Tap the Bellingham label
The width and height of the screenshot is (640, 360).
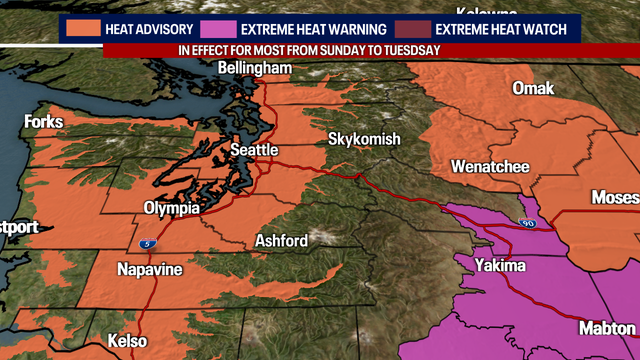click(255, 68)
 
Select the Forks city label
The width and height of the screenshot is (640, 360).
click(43, 122)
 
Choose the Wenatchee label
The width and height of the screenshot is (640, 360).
click(489, 165)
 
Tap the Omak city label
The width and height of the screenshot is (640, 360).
click(532, 88)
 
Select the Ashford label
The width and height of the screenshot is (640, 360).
click(283, 240)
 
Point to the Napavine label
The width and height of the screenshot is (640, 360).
click(150, 269)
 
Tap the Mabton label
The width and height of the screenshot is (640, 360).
click(607, 328)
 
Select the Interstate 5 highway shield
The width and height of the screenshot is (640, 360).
click(147, 243)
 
